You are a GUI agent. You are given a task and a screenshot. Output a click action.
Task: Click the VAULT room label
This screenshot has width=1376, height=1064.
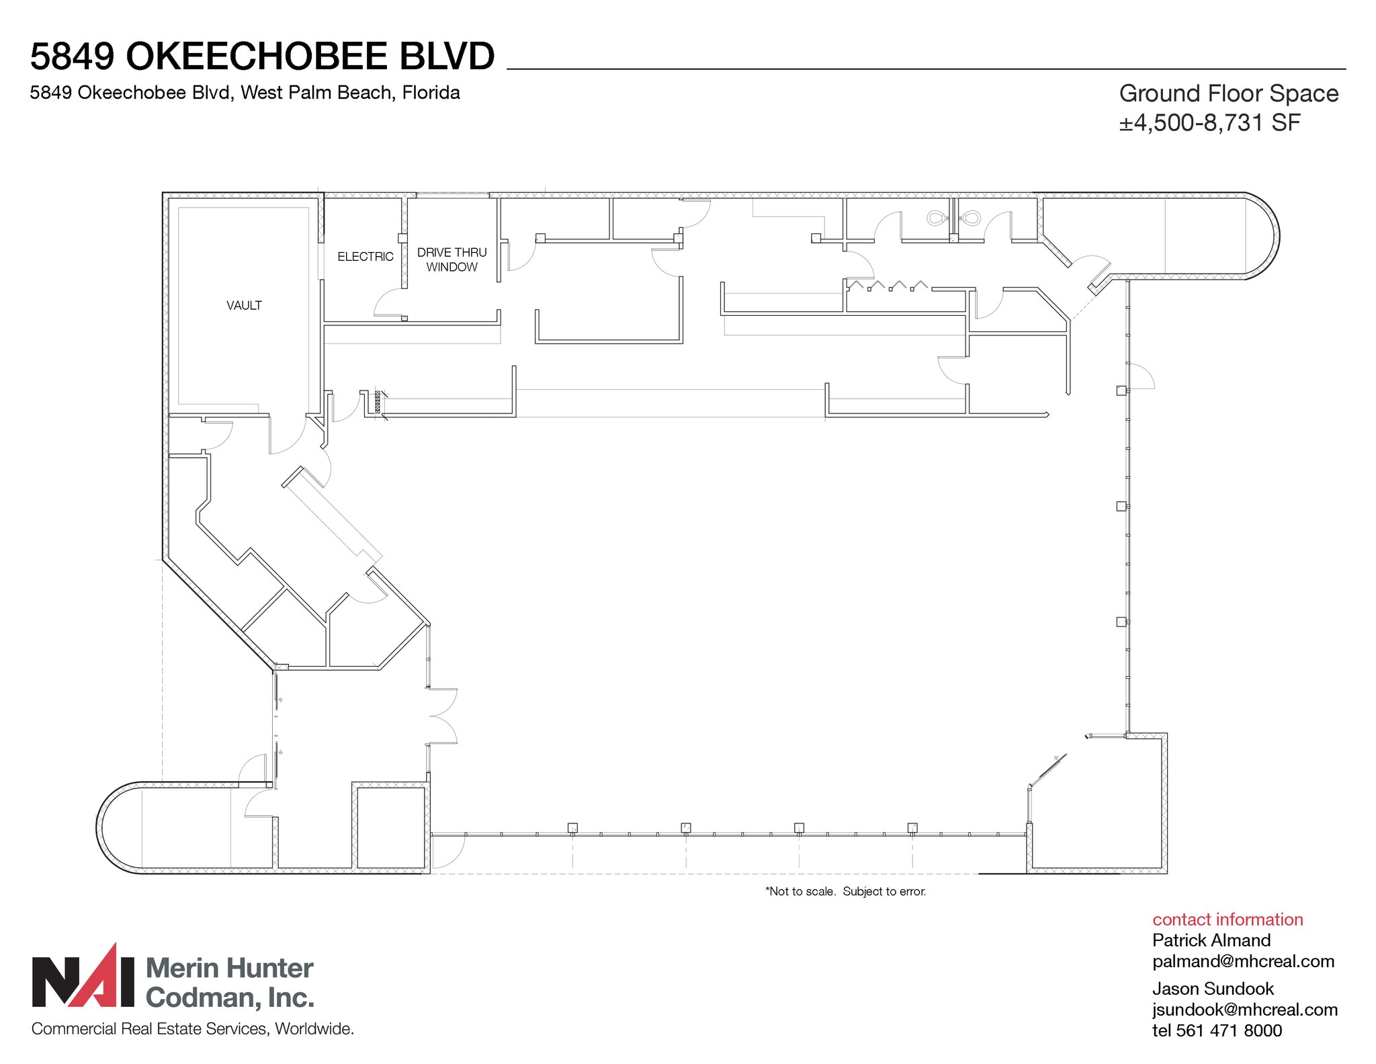244,305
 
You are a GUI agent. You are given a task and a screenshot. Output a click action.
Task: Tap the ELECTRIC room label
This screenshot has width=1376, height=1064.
365,257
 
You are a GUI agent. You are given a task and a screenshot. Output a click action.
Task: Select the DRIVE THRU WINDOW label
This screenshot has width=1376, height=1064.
451,259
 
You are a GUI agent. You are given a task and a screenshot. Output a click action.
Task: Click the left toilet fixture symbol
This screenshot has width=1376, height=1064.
936,218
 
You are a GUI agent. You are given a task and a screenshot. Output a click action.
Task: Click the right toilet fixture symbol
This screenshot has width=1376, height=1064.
971,218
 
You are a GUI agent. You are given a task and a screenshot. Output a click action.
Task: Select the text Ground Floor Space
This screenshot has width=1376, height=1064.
1228,93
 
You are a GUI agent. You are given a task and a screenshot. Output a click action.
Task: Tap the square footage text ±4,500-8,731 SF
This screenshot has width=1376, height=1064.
1209,123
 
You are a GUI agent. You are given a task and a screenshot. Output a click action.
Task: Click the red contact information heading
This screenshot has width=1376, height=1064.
1227,919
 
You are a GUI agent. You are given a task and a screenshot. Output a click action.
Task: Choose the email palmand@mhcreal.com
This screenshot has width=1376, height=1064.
1243,961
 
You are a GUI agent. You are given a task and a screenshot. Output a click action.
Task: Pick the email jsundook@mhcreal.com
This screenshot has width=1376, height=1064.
1244,1010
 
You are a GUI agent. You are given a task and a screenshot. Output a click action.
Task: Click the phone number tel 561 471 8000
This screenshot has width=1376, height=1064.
1217,1030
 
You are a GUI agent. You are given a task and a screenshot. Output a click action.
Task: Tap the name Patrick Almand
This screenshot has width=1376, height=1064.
1211,940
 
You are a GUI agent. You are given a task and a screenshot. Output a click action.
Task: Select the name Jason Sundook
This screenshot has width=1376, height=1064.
1213,989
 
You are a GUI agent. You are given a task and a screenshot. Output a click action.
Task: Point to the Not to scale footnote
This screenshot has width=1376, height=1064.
845,891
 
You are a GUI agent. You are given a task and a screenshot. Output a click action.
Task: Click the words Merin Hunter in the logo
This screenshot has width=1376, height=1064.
229,969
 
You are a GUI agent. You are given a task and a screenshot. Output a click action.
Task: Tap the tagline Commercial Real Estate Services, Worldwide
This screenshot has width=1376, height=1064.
192,1029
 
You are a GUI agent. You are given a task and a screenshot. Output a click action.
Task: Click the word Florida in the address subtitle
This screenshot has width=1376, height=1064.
431,93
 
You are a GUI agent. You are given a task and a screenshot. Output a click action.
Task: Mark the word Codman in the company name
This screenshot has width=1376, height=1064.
200,998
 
